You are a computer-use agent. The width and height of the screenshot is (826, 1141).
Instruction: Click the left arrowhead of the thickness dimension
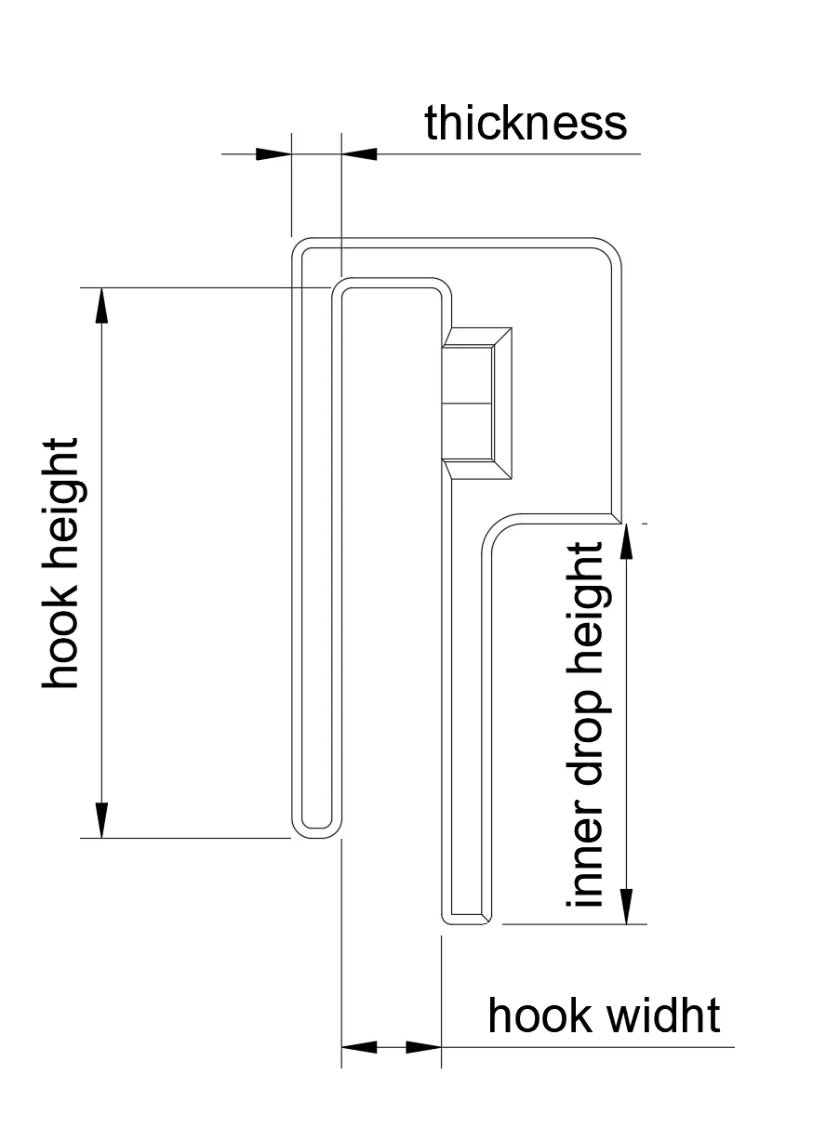[273, 153]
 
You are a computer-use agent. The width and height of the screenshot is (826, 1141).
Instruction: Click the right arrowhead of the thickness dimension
[359, 153]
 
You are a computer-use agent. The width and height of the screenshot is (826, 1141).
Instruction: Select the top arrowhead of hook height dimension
[102, 305]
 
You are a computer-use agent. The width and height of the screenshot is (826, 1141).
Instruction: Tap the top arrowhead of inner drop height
[627, 541]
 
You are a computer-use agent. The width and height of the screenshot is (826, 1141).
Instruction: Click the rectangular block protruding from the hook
[476, 403]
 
